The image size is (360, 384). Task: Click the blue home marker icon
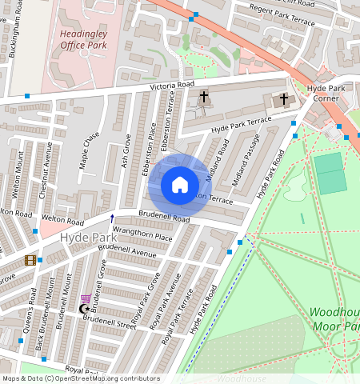(180, 185)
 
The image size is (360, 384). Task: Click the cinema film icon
(30, 260)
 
